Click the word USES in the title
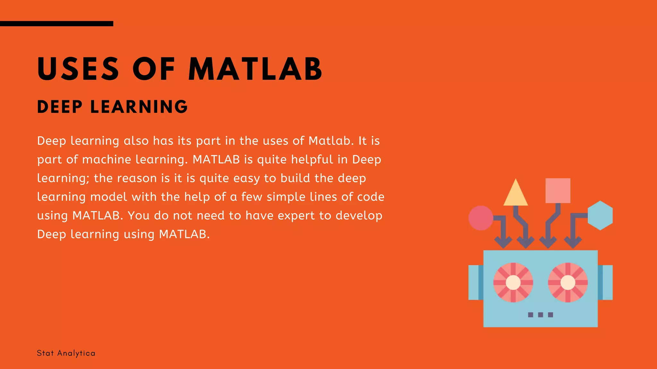point(78,69)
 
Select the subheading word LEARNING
point(139,107)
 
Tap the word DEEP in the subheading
point(60,107)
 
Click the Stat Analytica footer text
point(66,353)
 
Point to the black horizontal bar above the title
point(56,23)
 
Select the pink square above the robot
point(558,191)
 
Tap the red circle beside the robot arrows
point(481,218)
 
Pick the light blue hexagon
point(600,216)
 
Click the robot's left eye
point(513,283)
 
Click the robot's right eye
point(568,283)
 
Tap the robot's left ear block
point(475,283)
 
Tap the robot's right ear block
point(605,283)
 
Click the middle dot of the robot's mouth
point(541,315)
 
